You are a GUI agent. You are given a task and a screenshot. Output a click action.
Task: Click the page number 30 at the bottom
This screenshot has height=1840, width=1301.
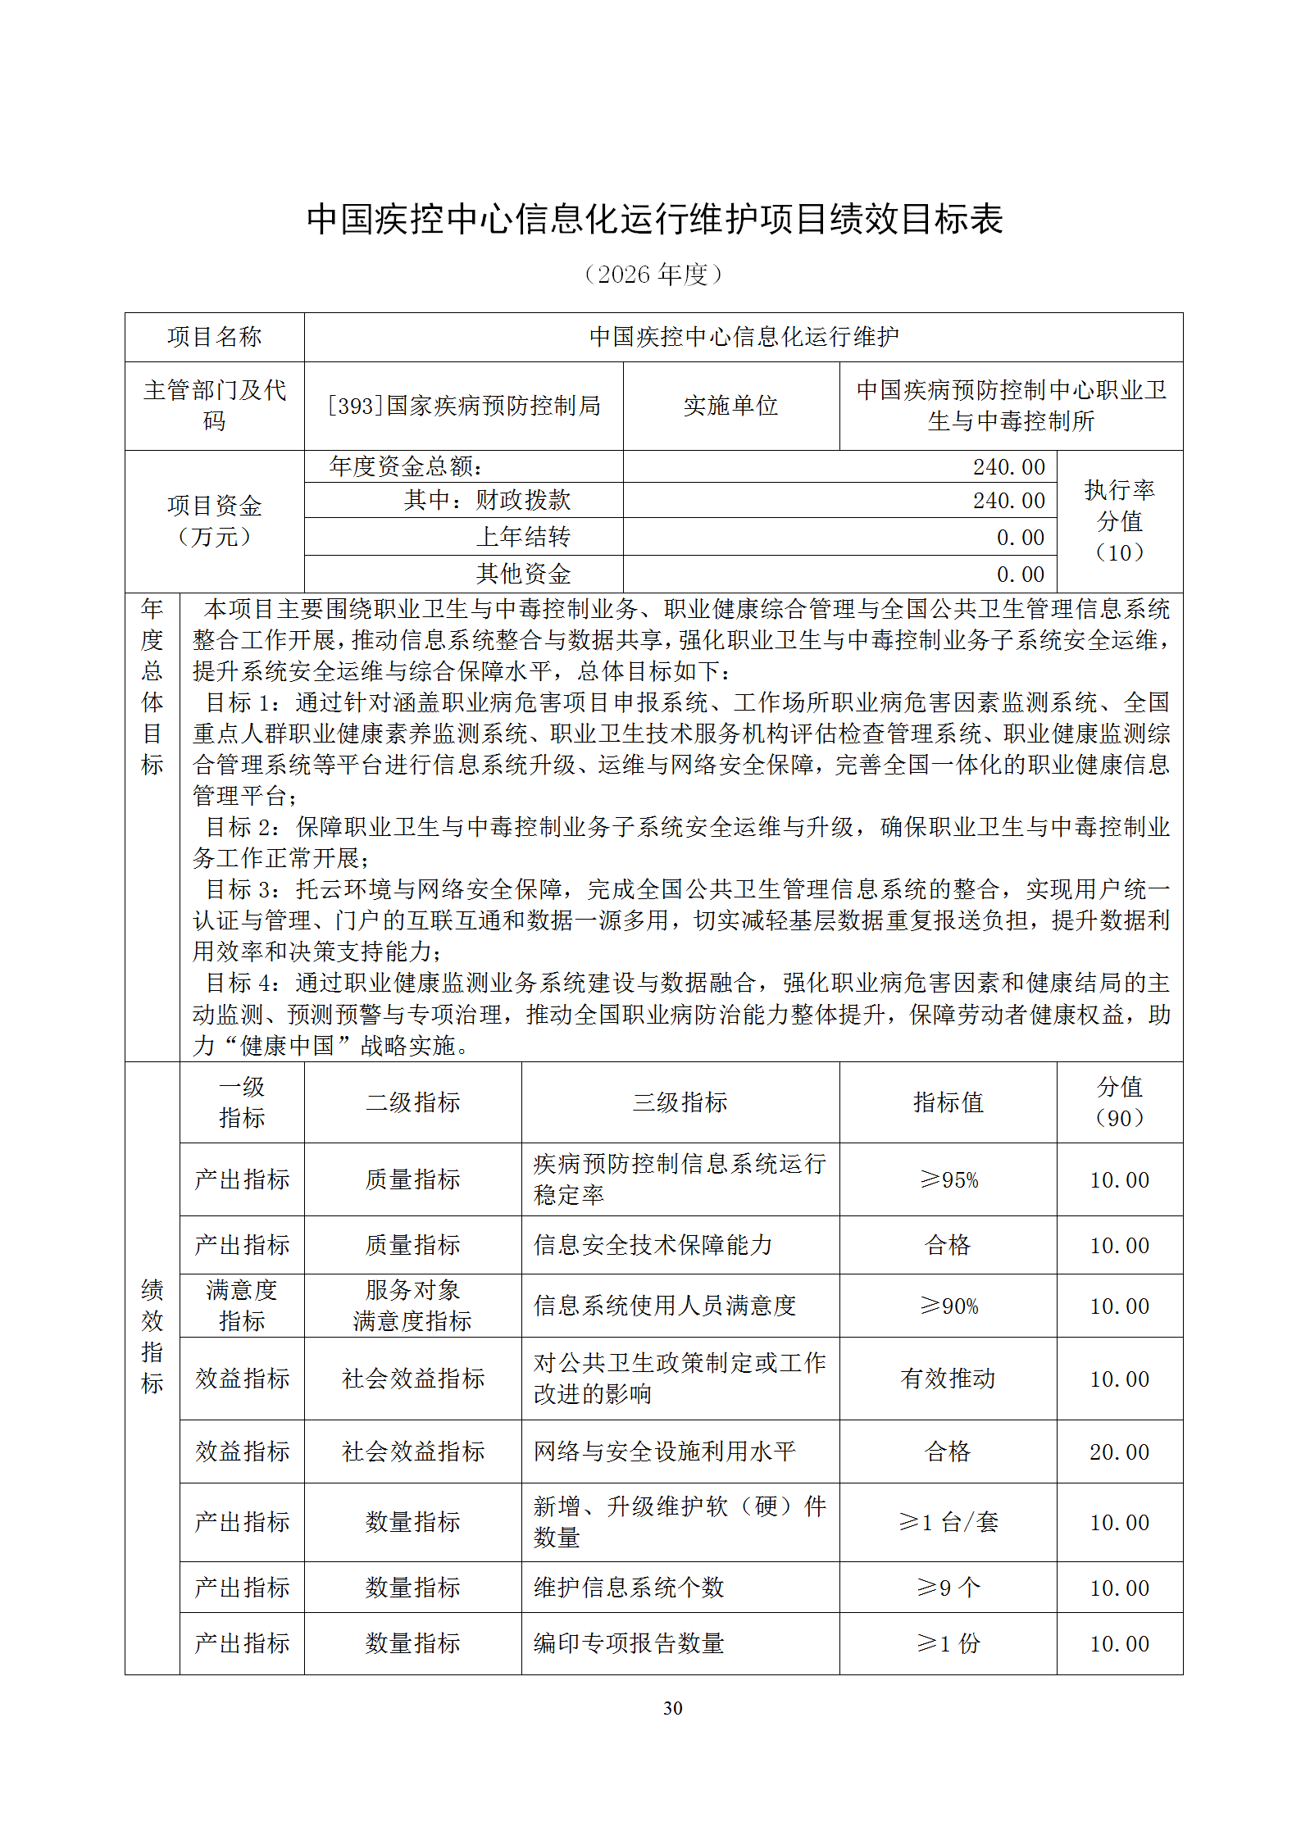tap(672, 1708)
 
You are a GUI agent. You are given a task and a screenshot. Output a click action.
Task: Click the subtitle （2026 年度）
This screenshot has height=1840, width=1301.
tap(653, 275)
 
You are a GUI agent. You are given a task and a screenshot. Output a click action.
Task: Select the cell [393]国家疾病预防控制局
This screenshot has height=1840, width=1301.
tap(464, 406)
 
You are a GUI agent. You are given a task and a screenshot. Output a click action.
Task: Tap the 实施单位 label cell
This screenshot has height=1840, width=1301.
tap(730, 406)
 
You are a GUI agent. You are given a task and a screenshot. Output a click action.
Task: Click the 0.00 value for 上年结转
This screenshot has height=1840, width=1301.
tap(1020, 538)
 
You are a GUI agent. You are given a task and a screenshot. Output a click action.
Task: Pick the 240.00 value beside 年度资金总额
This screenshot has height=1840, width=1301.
tap(1008, 467)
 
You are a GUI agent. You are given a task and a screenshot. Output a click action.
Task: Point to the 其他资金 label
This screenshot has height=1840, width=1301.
tap(523, 574)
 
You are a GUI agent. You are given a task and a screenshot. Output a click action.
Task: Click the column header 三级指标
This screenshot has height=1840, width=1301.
tap(680, 1102)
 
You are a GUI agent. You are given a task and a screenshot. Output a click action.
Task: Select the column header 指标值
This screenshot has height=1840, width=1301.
tap(948, 1102)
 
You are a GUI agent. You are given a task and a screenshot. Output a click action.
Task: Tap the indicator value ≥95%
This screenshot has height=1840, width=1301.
tap(948, 1180)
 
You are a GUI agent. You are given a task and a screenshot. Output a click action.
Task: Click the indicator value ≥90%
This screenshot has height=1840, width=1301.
tap(948, 1306)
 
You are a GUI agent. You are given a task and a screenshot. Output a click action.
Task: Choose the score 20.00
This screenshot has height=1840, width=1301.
tap(1119, 1452)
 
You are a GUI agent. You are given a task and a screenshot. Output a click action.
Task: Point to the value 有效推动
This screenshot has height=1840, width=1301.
tap(948, 1379)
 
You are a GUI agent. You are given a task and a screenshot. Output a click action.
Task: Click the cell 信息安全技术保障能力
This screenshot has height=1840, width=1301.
tap(653, 1245)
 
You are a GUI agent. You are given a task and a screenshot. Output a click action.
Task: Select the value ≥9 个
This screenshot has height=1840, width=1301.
tap(948, 1588)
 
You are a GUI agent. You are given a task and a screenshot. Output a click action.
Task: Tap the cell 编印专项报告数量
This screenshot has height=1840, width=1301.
tap(629, 1643)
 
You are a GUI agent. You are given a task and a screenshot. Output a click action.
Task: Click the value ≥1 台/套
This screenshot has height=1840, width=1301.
tap(948, 1522)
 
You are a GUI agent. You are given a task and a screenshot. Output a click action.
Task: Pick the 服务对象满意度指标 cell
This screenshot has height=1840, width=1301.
tap(412, 1306)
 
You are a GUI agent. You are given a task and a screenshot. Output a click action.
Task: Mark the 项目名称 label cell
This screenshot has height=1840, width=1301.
tap(214, 337)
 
